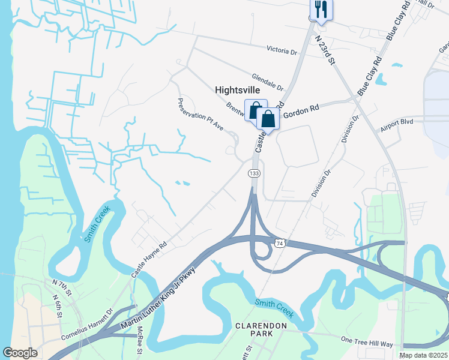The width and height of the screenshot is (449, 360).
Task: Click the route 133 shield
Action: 254,173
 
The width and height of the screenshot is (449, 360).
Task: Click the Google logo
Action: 20,353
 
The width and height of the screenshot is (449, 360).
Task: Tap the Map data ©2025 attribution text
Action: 423,355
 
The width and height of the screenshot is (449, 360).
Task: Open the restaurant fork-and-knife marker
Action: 321,9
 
